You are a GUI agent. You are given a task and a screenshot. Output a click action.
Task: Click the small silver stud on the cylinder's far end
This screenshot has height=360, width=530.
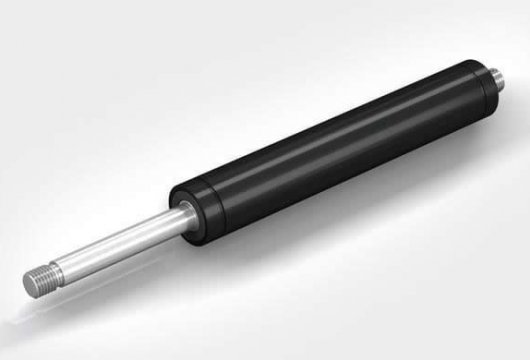[x=495, y=77]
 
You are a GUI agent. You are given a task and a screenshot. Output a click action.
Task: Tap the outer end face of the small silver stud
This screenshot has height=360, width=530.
[x=499, y=77]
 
